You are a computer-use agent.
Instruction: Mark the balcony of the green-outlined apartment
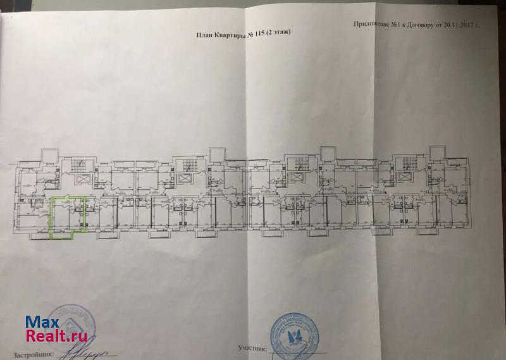coord(61,235)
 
